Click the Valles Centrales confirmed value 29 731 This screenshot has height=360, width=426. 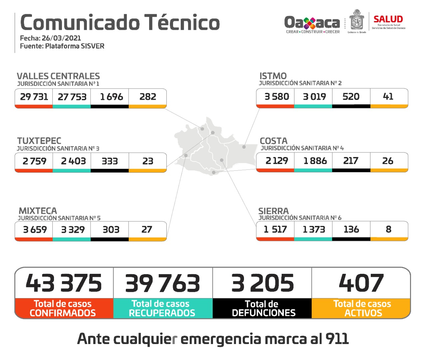click(34, 97)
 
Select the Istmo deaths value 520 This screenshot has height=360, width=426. click(351, 97)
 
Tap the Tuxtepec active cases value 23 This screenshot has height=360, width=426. click(148, 161)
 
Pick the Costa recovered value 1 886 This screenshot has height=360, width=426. click(315, 161)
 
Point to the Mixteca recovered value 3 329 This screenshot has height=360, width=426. click(73, 230)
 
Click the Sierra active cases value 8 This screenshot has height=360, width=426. click(388, 229)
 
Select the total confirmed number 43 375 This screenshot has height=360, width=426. click(64, 283)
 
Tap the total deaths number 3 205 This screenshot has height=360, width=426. click(263, 283)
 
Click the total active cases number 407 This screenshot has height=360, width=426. click(361, 283)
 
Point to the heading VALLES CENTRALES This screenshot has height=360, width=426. click(58, 76)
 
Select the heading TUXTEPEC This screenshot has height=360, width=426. click(39, 141)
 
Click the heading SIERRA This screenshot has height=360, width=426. click(273, 211)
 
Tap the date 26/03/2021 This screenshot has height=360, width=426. click(61, 38)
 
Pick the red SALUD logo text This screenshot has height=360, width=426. click(388, 19)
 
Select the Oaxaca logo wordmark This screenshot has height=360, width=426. click(312, 23)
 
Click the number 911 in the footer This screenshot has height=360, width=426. click(337, 339)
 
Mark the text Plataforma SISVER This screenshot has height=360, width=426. click(75, 46)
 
